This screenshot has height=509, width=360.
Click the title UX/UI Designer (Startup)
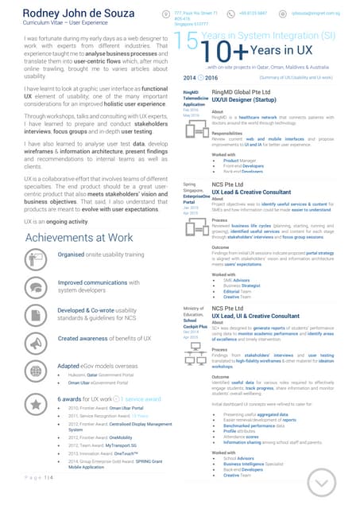click(x=253, y=101)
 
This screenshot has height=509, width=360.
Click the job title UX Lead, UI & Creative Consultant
click(x=265, y=316)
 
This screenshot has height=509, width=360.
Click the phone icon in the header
click(x=232, y=14)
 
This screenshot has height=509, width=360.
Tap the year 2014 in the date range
click(x=191, y=78)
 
